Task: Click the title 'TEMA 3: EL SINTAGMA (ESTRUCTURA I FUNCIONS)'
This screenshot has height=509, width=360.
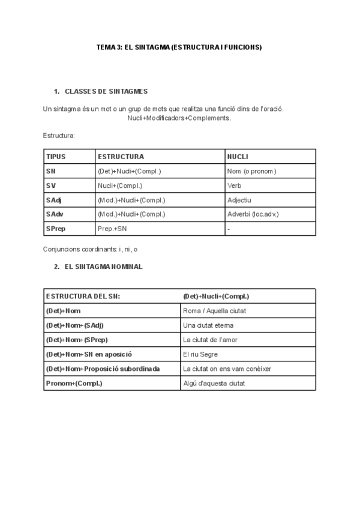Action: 179,46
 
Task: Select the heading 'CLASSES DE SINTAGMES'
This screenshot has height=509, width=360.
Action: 106,91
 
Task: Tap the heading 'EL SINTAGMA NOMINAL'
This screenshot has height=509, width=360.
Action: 103,267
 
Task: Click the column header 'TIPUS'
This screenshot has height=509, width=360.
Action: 56,157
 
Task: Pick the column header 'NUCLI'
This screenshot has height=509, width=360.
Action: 238,157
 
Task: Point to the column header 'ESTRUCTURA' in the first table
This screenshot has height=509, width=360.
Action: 121,157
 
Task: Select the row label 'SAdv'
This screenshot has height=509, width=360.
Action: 54,214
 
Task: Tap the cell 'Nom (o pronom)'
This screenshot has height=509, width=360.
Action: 251,171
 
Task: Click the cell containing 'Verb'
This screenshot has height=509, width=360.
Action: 235,185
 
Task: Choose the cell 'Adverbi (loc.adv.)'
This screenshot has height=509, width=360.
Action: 253,214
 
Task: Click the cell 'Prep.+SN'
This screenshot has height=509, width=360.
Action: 112,229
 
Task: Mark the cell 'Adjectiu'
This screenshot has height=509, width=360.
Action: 239,200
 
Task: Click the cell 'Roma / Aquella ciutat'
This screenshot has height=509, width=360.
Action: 215,310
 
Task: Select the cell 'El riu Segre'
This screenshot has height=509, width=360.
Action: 201,354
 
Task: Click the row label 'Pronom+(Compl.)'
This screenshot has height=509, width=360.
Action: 74,383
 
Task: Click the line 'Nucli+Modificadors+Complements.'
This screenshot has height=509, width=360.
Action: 179,118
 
